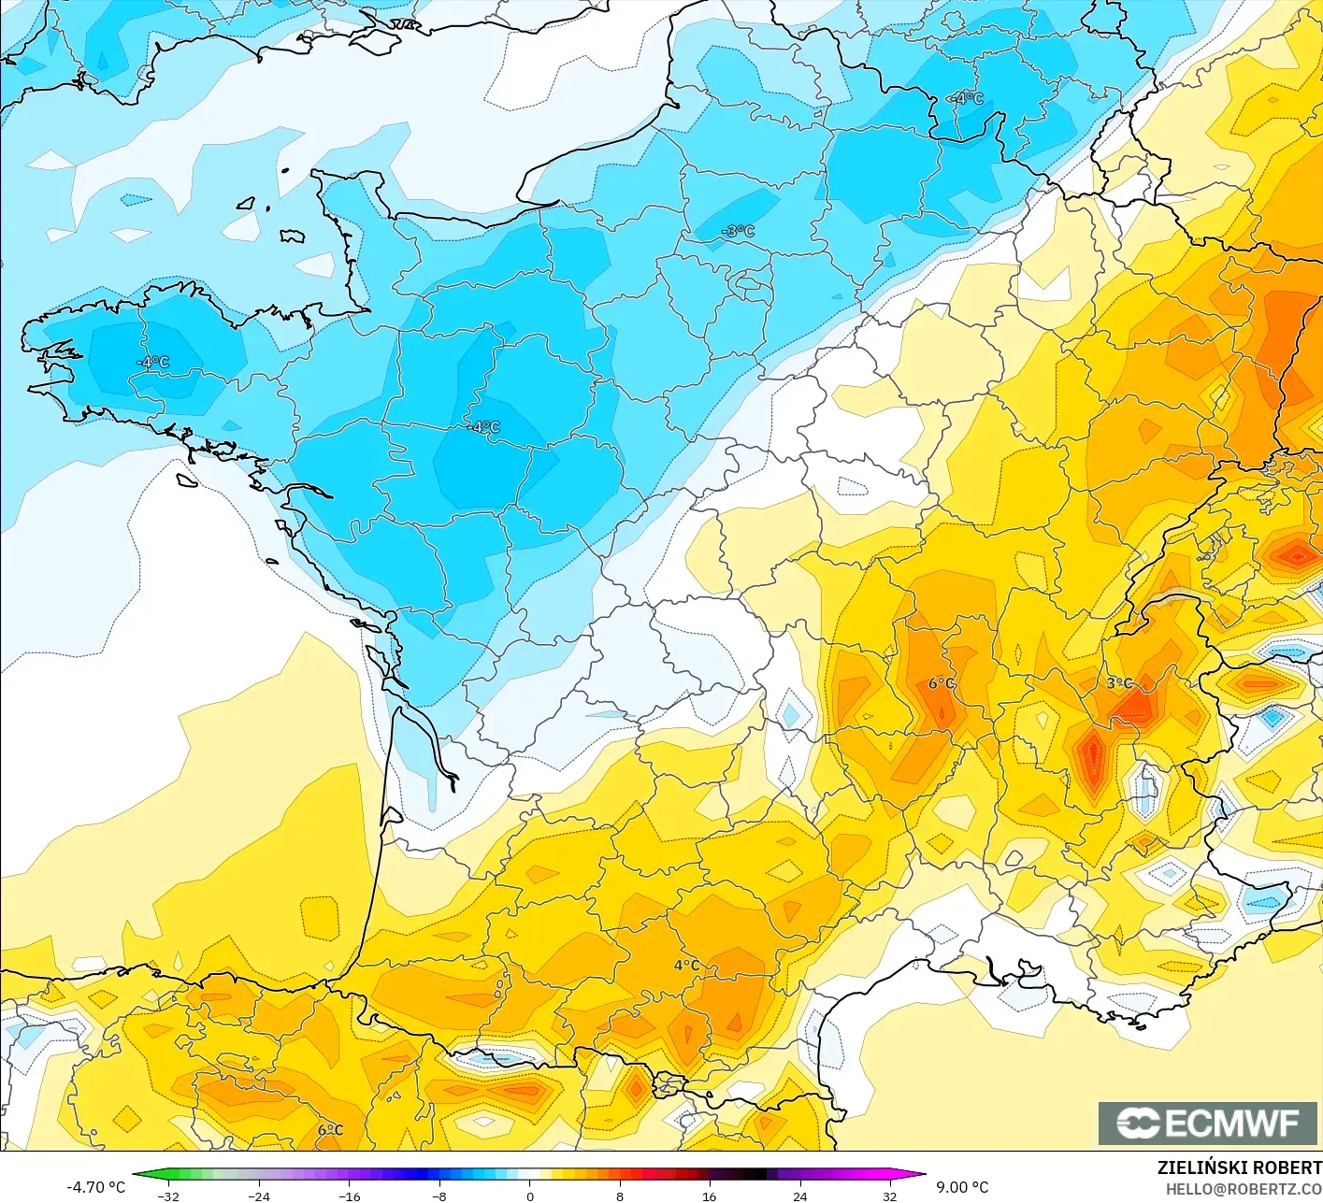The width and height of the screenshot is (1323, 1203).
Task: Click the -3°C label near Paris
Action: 738,231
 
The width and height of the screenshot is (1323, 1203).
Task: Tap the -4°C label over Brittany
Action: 153,362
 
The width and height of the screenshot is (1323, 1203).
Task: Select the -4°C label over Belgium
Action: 967,98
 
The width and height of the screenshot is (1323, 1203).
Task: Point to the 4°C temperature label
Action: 686,966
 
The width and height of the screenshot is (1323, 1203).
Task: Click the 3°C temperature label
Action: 1119,683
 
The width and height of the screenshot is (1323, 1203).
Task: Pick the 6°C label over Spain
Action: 330,1130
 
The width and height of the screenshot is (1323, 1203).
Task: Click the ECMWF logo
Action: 1208,1123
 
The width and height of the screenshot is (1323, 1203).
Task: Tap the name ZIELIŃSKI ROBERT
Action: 1239,1167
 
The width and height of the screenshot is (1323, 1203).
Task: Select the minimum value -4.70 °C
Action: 95,1187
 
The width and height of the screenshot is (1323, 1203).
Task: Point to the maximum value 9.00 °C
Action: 962,1187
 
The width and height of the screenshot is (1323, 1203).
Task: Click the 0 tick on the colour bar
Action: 529,1196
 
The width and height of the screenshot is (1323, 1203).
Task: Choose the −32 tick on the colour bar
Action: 168,1196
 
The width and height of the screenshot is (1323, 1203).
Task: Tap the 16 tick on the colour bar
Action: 710,1196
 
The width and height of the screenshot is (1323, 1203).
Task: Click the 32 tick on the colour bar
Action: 889,1196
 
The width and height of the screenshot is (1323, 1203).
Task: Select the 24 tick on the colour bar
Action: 799,1196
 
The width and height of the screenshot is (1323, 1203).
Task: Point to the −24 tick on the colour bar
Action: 258,1196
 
